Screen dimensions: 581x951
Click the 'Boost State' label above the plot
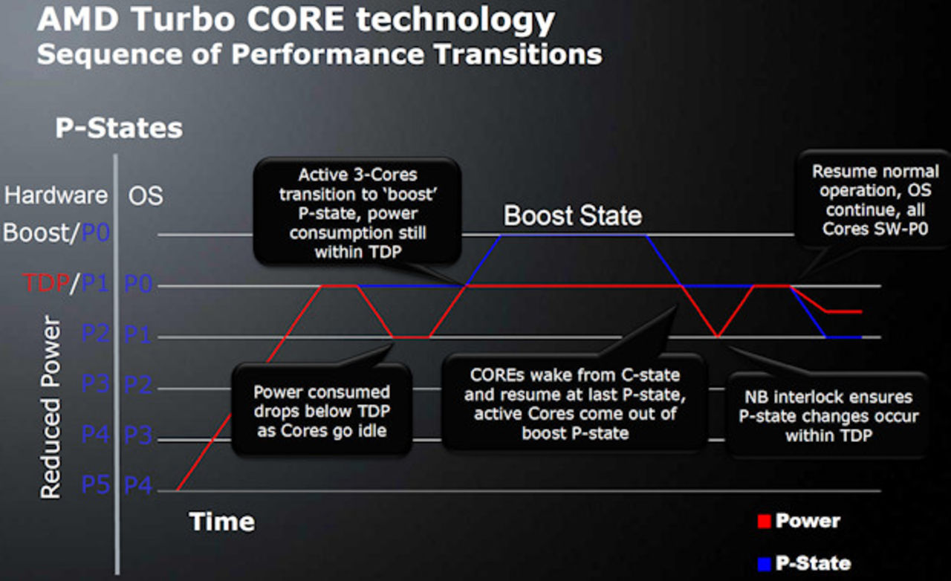[572, 215]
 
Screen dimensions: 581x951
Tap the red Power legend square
[763, 522]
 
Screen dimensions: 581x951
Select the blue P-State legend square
[763, 563]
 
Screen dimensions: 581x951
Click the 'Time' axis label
[221, 522]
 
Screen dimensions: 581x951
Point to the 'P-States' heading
[119, 128]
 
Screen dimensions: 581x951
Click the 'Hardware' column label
[56, 195]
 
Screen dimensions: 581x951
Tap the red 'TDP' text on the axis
[44, 283]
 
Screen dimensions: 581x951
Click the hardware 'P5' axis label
[96, 485]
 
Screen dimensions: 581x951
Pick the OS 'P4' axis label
[139, 485]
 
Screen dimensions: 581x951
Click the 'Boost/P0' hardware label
[56, 233]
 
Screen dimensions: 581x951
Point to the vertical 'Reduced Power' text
[50, 406]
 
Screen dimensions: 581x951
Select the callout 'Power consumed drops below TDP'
[321, 411]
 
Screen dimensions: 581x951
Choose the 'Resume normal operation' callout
[874, 201]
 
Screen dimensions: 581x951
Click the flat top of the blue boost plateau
[572, 236]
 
